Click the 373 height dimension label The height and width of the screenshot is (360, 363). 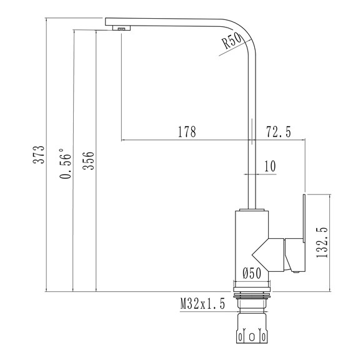pyautogui.click(x=39, y=154)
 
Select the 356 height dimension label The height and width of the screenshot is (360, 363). pyautogui.click(x=89, y=161)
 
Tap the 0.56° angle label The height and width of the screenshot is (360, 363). pyautogui.click(x=65, y=164)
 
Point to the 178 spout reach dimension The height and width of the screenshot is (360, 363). pyautogui.click(x=187, y=131)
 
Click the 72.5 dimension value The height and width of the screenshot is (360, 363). pyautogui.click(x=279, y=131)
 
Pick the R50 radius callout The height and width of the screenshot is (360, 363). pyautogui.click(x=232, y=41)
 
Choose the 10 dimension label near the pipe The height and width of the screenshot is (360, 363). pyautogui.click(x=270, y=166)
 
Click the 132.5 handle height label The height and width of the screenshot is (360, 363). pyautogui.click(x=322, y=242)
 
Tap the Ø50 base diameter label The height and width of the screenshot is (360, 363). pyautogui.click(x=252, y=273)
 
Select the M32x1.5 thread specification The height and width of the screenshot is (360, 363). pyautogui.click(x=202, y=304)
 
